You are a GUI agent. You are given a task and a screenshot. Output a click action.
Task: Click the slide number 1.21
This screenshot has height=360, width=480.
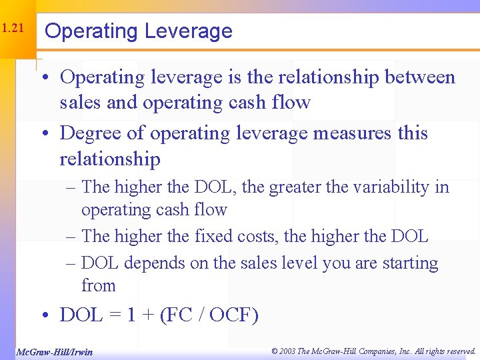(x=13, y=29)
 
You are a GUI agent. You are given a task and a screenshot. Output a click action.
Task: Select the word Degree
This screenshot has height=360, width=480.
(x=90, y=133)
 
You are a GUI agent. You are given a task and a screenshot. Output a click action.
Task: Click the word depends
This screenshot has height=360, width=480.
(x=154, y=264)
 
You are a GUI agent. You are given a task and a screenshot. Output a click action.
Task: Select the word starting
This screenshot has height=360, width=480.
(x=409, y=264)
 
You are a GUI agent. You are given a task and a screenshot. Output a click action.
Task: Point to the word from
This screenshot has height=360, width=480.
(x=99, y=286)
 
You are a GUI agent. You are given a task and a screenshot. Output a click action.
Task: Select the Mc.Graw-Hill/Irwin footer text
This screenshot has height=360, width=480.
(x=53, y=351)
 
